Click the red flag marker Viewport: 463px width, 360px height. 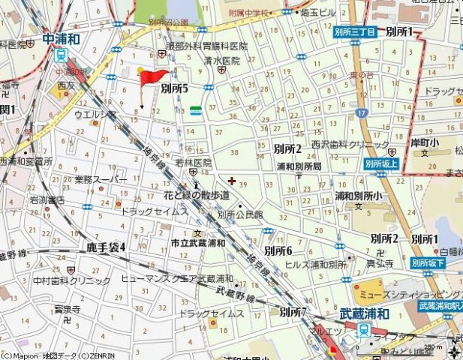(x=152, y=76)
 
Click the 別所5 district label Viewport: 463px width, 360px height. (x=174, y=88)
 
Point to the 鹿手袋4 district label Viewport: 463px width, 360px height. (x=106, y=247)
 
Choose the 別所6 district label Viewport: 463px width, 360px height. (x=278, y=250)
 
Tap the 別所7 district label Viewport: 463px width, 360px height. (x=293, y=310)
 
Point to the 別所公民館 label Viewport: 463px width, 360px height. (x=240, y=214)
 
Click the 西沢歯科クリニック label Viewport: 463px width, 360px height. (x=340, y=144)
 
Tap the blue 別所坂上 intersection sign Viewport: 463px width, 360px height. (x=381, y=163)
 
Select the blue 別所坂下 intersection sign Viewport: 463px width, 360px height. (x=428, y=263)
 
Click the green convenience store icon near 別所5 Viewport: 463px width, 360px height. (x=196, y=110)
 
